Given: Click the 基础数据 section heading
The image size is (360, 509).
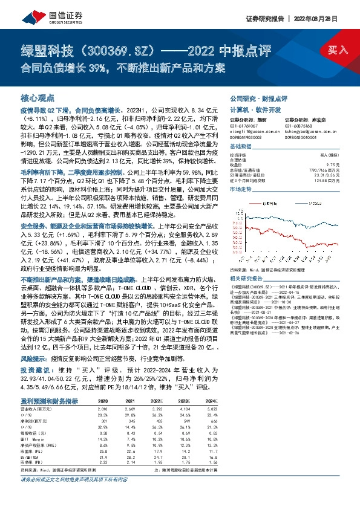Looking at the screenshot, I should pos(240,147).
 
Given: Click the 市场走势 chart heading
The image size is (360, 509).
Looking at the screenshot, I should pos(240,189).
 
